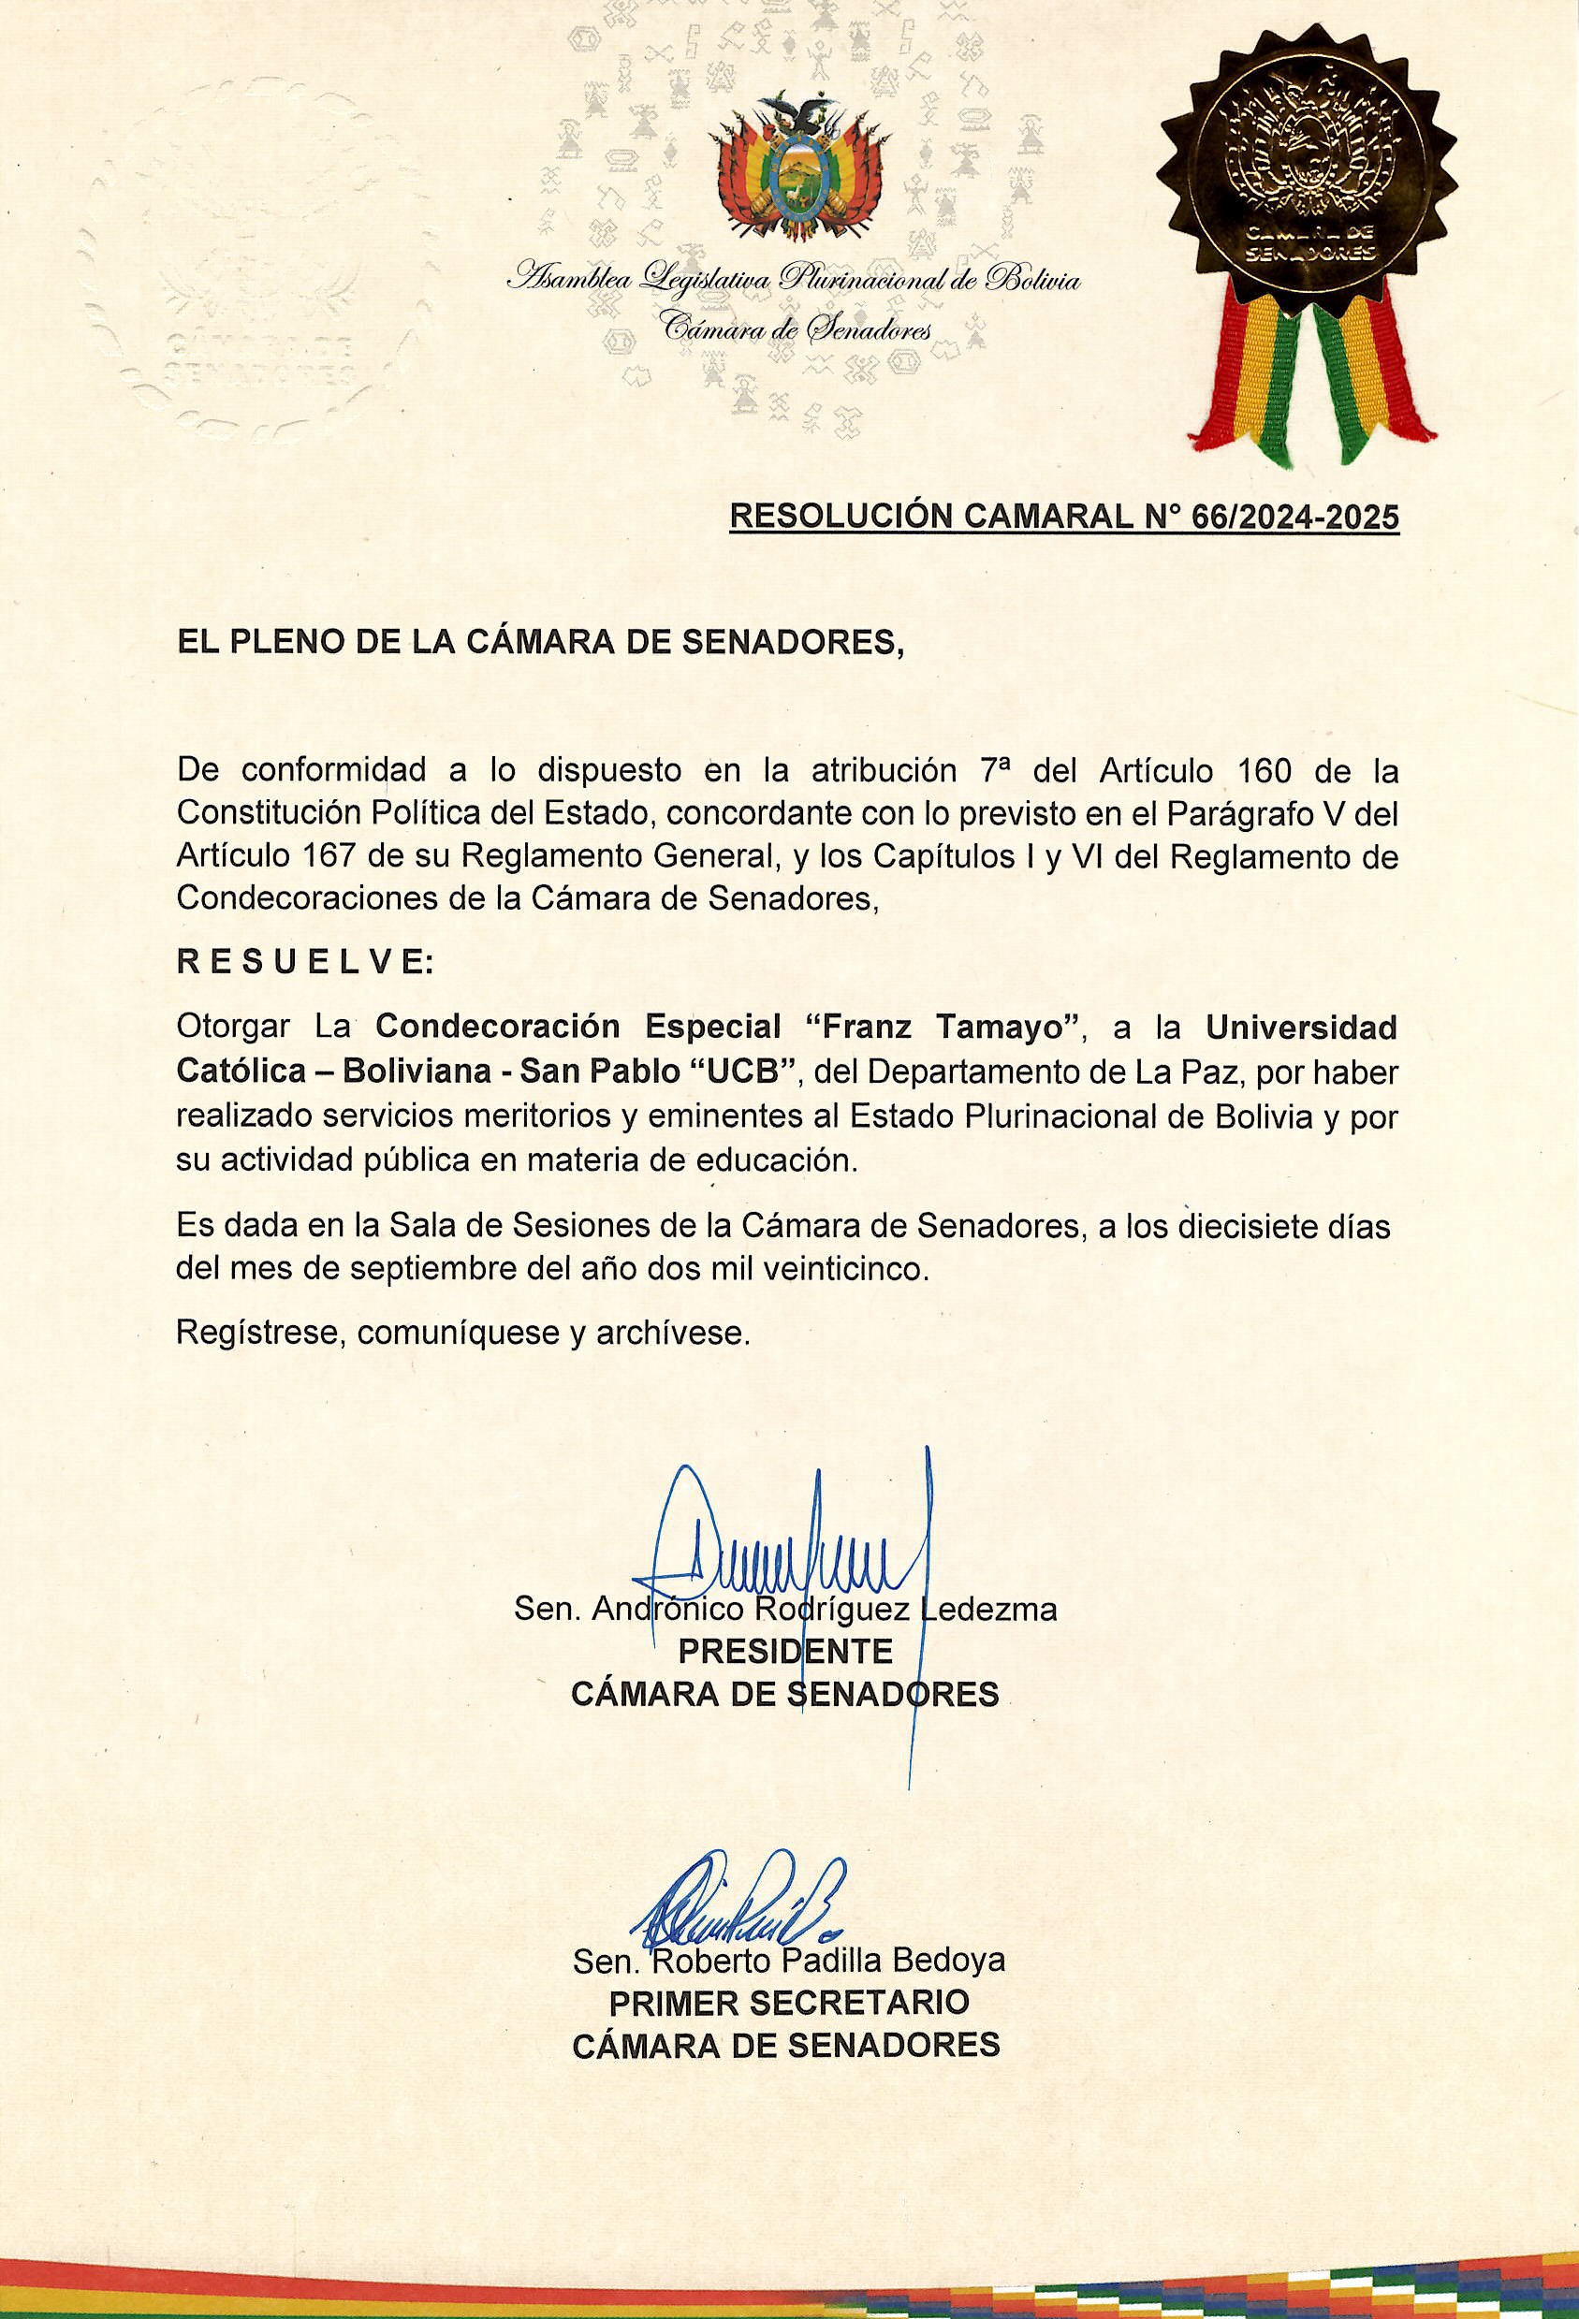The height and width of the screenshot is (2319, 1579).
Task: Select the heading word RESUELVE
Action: click(x=305, y=962)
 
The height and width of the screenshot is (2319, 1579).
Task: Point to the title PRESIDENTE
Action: click(x=784, y=1652)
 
